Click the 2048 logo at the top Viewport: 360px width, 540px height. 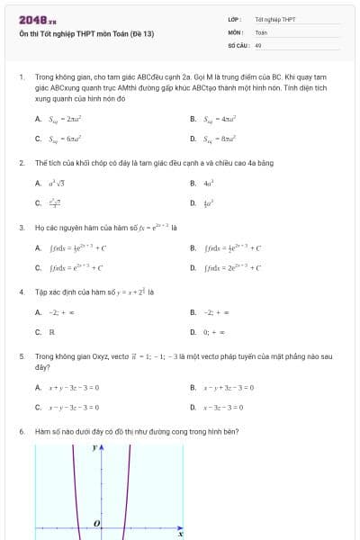(x=37, y=20)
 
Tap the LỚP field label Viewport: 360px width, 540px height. (x=234, y=19)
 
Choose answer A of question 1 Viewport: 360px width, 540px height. (x=64, y=119)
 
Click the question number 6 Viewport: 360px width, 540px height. (x=22, y=432)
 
